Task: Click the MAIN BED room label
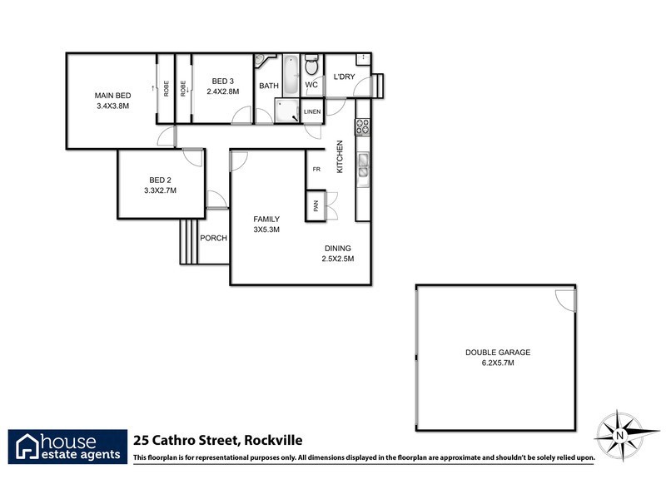(112, 96)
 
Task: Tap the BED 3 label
(222, 80)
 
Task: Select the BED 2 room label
(160, 180)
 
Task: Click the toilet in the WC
(311, 67)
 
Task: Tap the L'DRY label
(344, 77)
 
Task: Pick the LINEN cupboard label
(312, 111)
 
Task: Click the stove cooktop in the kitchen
(363, 126)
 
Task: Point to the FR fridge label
(316, 170)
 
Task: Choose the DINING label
(338, 248)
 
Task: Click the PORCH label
(214, 238)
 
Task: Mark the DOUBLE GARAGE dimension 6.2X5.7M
(497, 363)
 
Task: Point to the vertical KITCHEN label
(340, 156)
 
